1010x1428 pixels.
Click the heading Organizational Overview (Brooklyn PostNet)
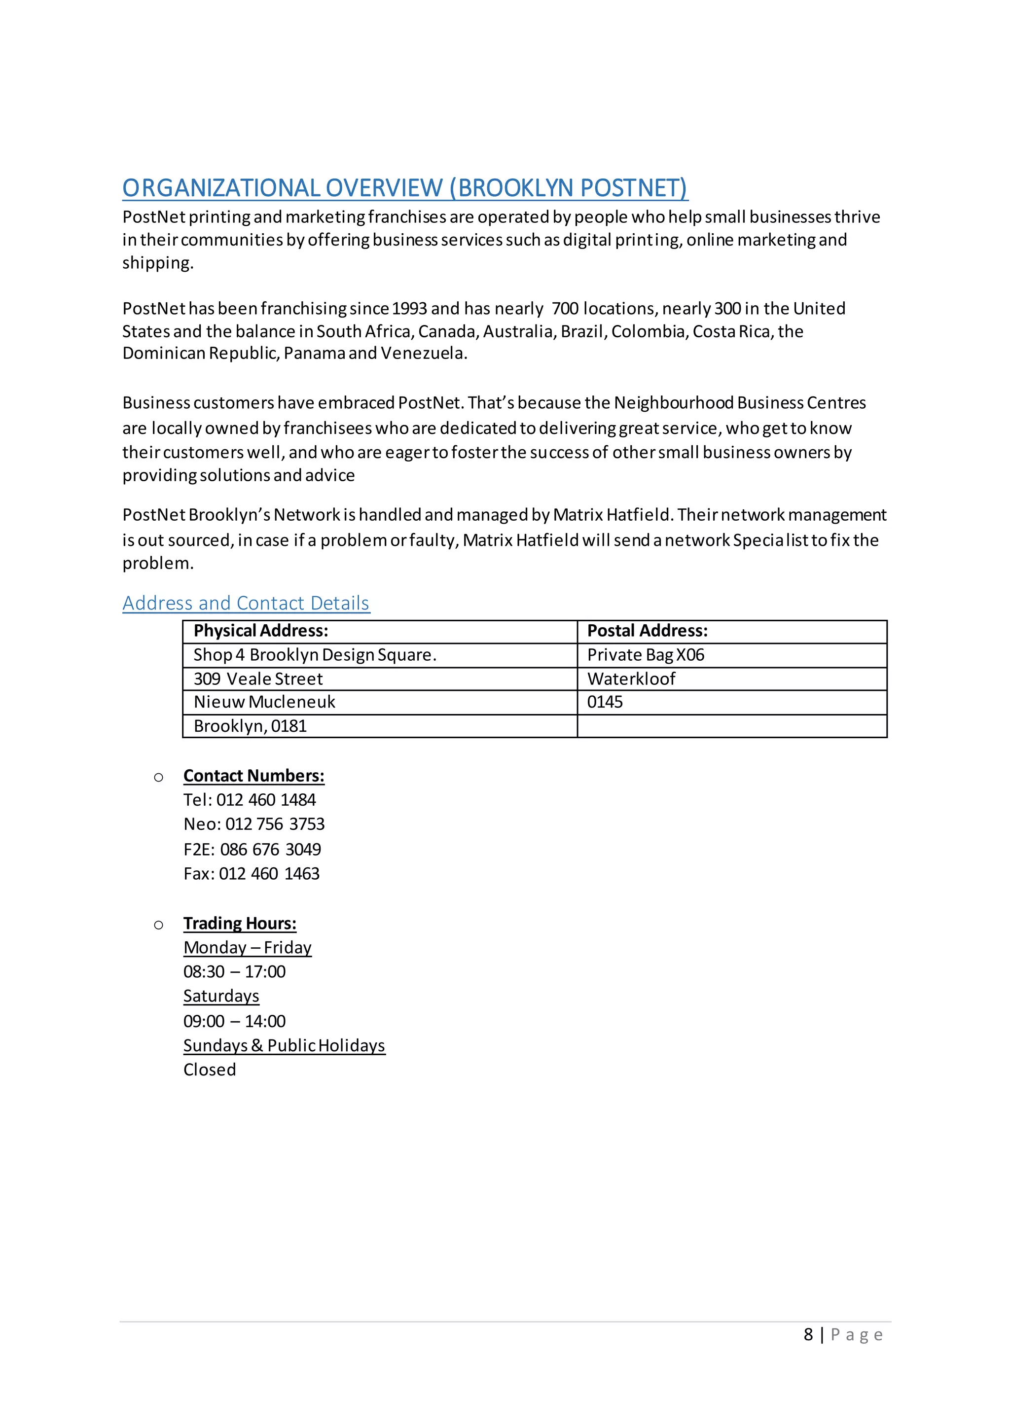405,188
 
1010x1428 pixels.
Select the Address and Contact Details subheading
246,603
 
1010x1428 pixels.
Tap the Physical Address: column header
260,631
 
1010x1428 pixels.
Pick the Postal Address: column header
648,631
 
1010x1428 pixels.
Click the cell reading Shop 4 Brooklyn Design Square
315,655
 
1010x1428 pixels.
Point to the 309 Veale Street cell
258,678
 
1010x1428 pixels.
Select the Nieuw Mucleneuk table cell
264,702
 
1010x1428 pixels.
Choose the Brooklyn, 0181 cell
250,726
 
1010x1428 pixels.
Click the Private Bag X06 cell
646,655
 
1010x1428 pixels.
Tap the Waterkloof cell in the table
631,678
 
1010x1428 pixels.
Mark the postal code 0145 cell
605,702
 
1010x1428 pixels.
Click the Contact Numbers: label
254,776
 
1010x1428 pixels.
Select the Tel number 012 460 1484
266,800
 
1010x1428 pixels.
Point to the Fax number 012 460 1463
269,874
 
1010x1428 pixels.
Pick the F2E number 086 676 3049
271,850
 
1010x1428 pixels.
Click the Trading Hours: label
240,923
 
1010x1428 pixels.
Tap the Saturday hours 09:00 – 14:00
234,1021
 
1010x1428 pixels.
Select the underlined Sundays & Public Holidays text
284,1045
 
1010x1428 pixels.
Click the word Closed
210,1070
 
